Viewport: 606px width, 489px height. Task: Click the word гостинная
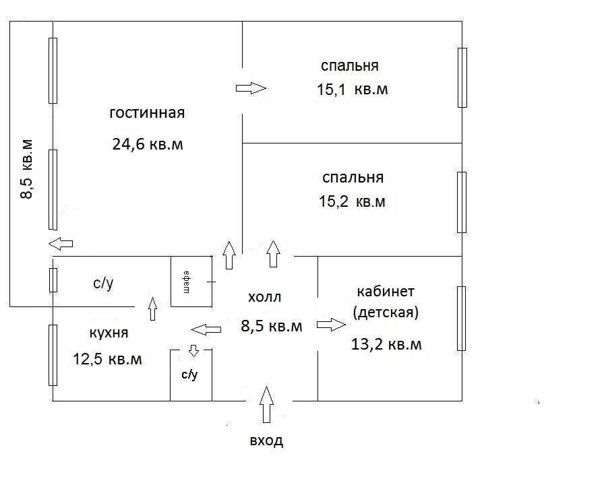[x=147, y=112]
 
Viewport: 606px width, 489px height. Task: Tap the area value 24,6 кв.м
[x=147, y=144]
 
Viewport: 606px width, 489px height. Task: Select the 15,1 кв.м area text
[x=352, y=90]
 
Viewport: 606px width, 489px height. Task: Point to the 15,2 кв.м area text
[x=352, y=201]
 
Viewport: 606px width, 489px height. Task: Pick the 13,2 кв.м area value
[x=386, y=344]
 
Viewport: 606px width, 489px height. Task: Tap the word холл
[x=264, y=297]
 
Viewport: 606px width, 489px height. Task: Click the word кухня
[x=109, y=333]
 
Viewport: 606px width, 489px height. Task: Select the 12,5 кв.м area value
[x=107, y=359]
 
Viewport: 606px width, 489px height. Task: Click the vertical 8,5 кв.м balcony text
[x=26, y=170]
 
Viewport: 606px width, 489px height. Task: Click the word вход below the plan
[x=266, y=442]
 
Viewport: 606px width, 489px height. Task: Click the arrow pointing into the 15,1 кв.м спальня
[x=251, y=88]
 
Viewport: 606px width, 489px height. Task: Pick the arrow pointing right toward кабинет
[x=330, y=325]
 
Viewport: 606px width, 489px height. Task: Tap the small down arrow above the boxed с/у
[x=194, y=351]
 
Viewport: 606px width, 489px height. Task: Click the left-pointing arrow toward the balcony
[x=61, y=243]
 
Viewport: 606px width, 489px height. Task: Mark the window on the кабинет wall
[x=461, y=319]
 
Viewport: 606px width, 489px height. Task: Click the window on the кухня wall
[x=53, y=355]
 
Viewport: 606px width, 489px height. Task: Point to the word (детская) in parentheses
[x=386, y=313]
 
